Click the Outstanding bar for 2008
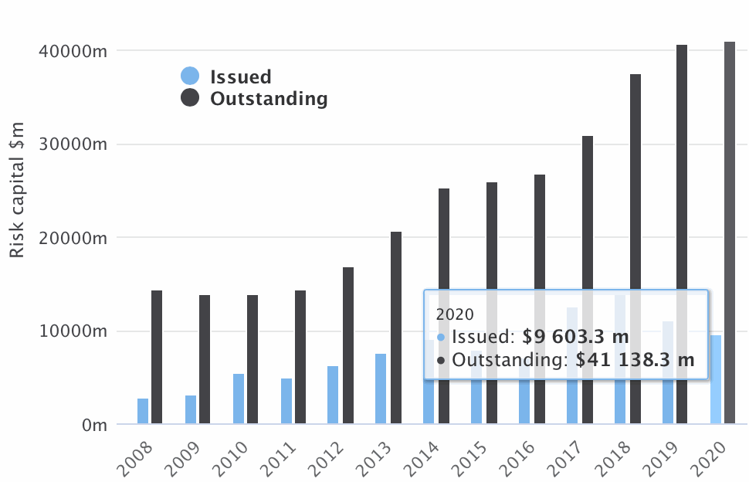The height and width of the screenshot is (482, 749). point(157,357)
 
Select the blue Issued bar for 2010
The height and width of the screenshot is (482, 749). point(239,399)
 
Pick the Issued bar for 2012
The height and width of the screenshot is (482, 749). point(333,395)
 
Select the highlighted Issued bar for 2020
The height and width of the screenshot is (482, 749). point(716,379)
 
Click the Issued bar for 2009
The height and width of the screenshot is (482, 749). point(191,409)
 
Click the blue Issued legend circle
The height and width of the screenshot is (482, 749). point(190,76)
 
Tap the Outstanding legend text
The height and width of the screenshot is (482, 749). point(269,99)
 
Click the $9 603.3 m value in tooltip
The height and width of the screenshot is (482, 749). point(575,337)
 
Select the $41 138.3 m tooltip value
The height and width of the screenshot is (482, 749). point(630,360)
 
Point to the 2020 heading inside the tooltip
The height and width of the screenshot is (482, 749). point(455,314)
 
